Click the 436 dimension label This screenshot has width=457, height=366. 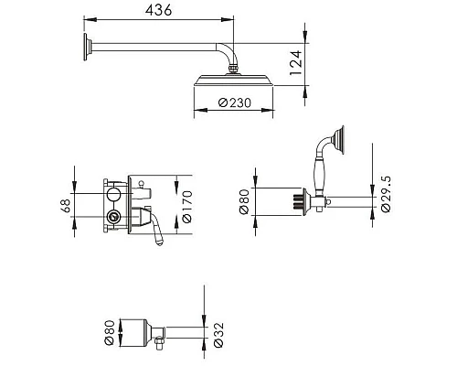[x=158, y=10]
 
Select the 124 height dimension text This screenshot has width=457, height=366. [x=296, y=63]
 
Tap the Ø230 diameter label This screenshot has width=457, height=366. [x=235, y=102]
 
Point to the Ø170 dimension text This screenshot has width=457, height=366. [x=186, y=207]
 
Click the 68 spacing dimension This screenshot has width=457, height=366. [x=66, y=206]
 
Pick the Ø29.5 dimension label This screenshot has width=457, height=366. [x=386, y=194]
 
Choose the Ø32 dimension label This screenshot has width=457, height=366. [x=218, y=335]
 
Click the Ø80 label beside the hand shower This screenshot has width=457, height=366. [x=244, y=201]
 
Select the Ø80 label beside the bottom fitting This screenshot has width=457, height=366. [x=110, y=332]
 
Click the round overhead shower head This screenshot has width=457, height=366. [x=233, y=81]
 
